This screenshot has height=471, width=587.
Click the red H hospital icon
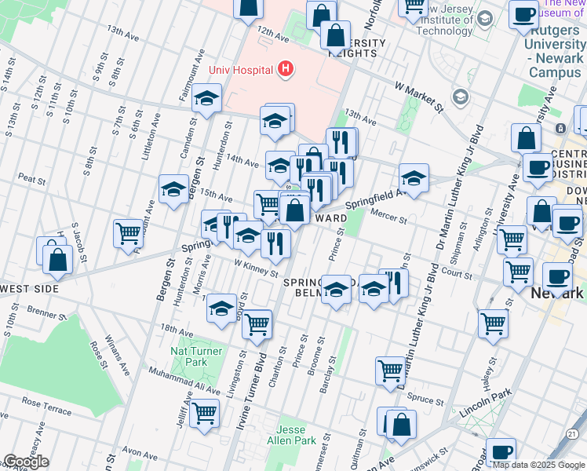(285, 70)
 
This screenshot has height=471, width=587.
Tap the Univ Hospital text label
(239, 70)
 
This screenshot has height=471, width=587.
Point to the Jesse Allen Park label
(294, 435)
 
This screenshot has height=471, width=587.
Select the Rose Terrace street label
(46, 402)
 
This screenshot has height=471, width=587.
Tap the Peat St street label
(32, 179)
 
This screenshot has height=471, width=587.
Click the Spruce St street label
(425, 400)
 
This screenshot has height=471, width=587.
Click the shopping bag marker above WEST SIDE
(57, 257)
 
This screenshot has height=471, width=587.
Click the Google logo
(26, 462)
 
